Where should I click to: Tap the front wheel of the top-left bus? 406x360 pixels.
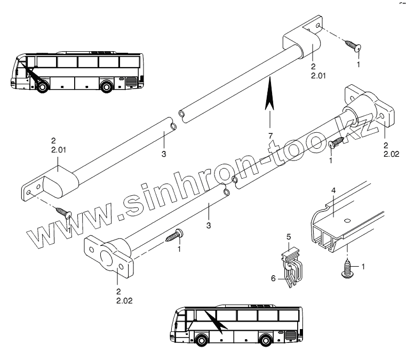coord(41,87)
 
